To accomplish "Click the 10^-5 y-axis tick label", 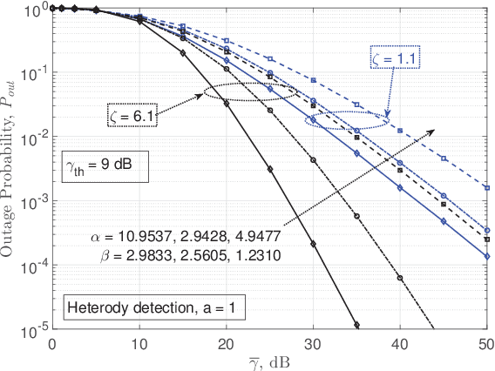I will click(x=32, y=329).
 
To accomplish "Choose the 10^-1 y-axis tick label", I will click(x=32, y=74).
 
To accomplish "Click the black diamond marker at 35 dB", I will click(x=356, y=326).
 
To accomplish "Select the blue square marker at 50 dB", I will click(x=486, y=188).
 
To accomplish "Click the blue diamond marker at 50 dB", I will click(x=486, y=256).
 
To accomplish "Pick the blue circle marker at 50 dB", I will click(x=486, y=231).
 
